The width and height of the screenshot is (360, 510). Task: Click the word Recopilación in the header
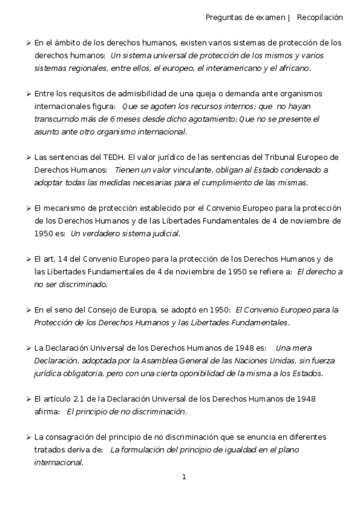(x=320, y=17)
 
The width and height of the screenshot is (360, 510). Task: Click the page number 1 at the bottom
(x=184, y=477)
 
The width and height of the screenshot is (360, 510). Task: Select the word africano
(x=293, y=69)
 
